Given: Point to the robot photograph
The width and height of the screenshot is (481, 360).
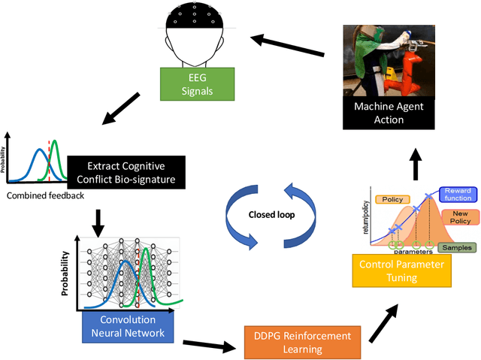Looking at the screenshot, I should coord(388,60).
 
